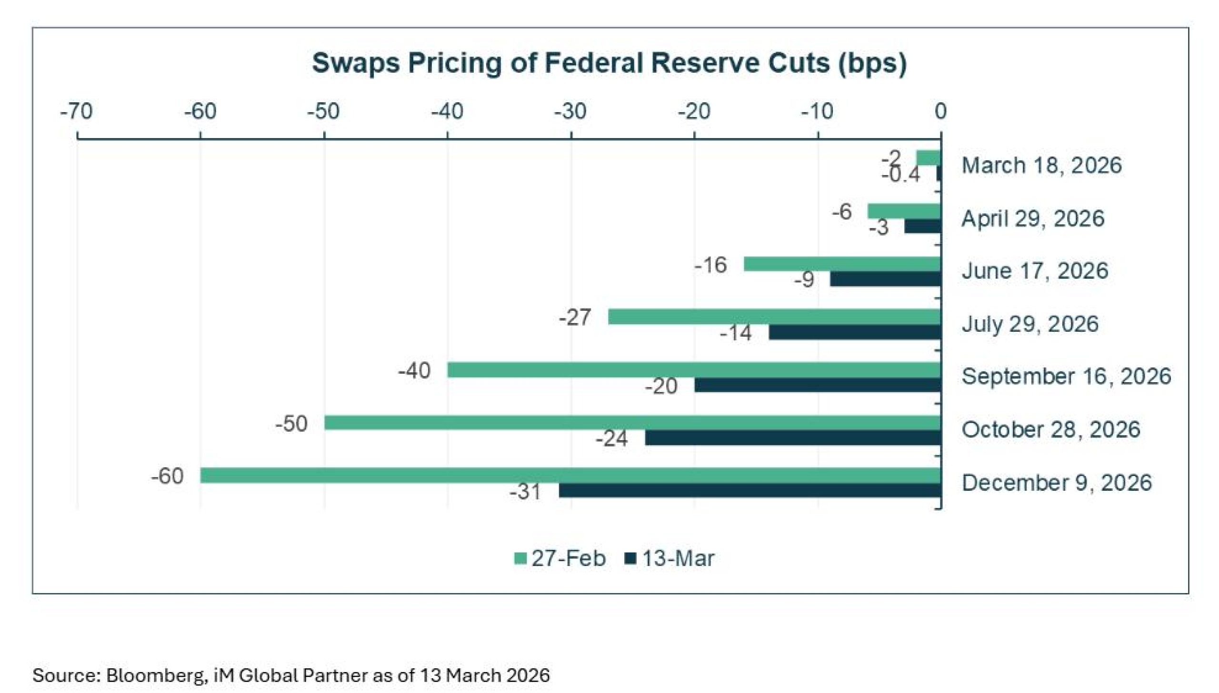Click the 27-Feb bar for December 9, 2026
click(570, 475)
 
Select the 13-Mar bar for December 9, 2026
click(750, 491)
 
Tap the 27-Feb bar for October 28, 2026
click(632, 423)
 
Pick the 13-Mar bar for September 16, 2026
click(818, 385)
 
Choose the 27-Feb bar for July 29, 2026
click(774, 317)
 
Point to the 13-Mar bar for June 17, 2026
click(886, 279)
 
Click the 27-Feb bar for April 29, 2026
click(904, 211)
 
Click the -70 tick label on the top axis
click(76, 111)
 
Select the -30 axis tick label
click(570, 111)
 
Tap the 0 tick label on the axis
click(940, 111)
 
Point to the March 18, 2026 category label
click(1042, 166)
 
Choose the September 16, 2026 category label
click(1066, 376)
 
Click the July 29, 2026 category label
click(1030, 324)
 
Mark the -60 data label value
click(167, 476)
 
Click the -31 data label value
click(525, 492)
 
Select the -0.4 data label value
click(900, 176)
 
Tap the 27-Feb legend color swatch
click(520, 558)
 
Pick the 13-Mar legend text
click(678, 558)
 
